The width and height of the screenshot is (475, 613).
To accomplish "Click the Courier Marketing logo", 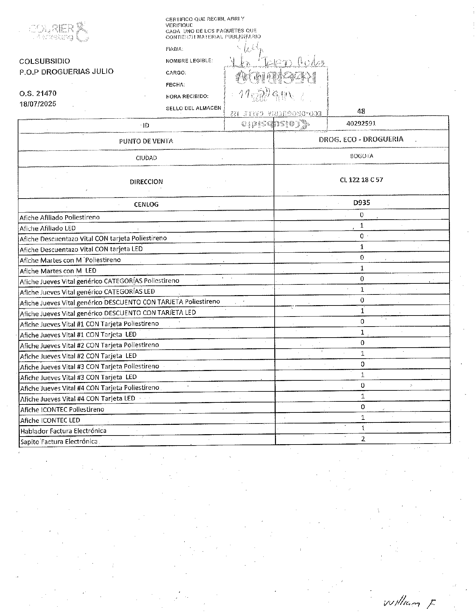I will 60,32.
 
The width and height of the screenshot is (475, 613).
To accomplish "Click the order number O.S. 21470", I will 38,94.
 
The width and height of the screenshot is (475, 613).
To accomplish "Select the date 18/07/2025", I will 38,104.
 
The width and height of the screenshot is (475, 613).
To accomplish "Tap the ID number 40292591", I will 361,123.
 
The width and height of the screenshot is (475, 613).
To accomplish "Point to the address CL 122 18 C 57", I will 361,180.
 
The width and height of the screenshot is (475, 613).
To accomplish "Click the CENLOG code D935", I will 361,203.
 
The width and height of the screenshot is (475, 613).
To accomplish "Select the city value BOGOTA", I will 361,156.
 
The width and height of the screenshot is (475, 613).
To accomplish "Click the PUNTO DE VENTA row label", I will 146,141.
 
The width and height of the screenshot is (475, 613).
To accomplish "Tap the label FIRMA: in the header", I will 174,49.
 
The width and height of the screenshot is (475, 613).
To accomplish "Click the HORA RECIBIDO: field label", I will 187,97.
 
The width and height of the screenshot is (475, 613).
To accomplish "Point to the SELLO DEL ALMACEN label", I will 193,108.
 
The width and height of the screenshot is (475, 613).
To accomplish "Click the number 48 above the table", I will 361,111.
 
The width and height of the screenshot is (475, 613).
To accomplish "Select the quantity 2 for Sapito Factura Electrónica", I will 363,439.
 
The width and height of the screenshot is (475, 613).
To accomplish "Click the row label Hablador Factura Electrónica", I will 63,431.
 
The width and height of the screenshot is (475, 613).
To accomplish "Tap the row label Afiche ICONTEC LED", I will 50,420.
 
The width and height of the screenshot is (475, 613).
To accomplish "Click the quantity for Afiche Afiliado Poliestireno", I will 362,215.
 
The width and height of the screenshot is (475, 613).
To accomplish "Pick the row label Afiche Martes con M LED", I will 58,271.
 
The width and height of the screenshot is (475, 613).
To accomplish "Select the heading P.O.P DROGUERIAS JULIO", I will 66,72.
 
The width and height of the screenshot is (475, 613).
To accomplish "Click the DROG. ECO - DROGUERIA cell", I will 361,139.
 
